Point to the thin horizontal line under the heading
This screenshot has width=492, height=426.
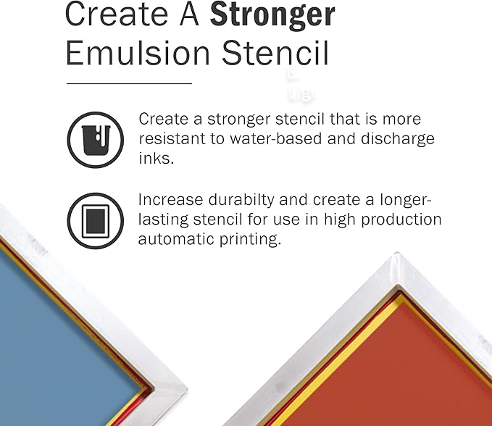[129, 84]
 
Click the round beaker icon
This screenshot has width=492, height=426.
[90, 138]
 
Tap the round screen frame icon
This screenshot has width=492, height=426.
[90, 218]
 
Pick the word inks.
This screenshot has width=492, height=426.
[156, 158]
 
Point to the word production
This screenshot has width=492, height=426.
[401, 220]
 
